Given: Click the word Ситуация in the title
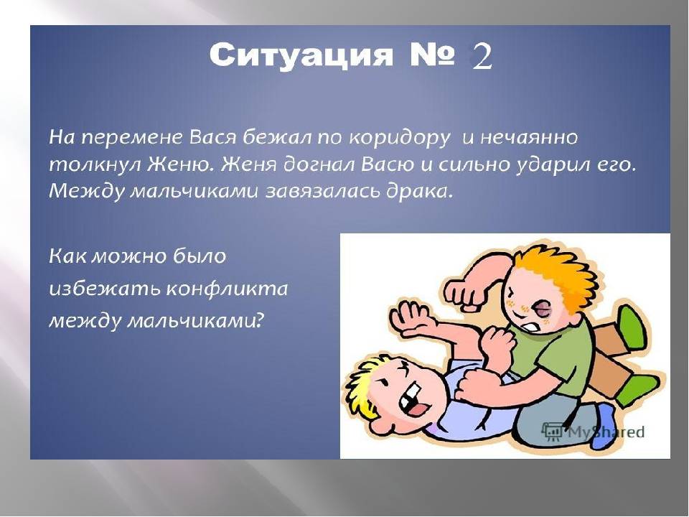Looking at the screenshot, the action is pyautogui.click(x=301, y=56).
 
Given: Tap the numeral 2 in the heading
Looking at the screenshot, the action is pyautogui.click(x=482, y=57).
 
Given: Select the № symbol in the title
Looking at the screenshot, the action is pyautogui.click(x=432, y=55).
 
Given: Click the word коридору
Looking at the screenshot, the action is pyautogui.click(x=400, y=139).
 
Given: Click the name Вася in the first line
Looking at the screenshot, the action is pyautogui.click(x=213, y=138).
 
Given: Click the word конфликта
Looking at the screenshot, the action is pyautogui.click(x=228, y=289).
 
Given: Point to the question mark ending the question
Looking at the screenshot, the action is pyautogui.click(x=260, y=320).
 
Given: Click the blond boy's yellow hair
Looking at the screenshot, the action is pyautogui.click(x=365, y=387).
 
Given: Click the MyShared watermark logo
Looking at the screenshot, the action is pyautogui.click(x=594, y=432).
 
